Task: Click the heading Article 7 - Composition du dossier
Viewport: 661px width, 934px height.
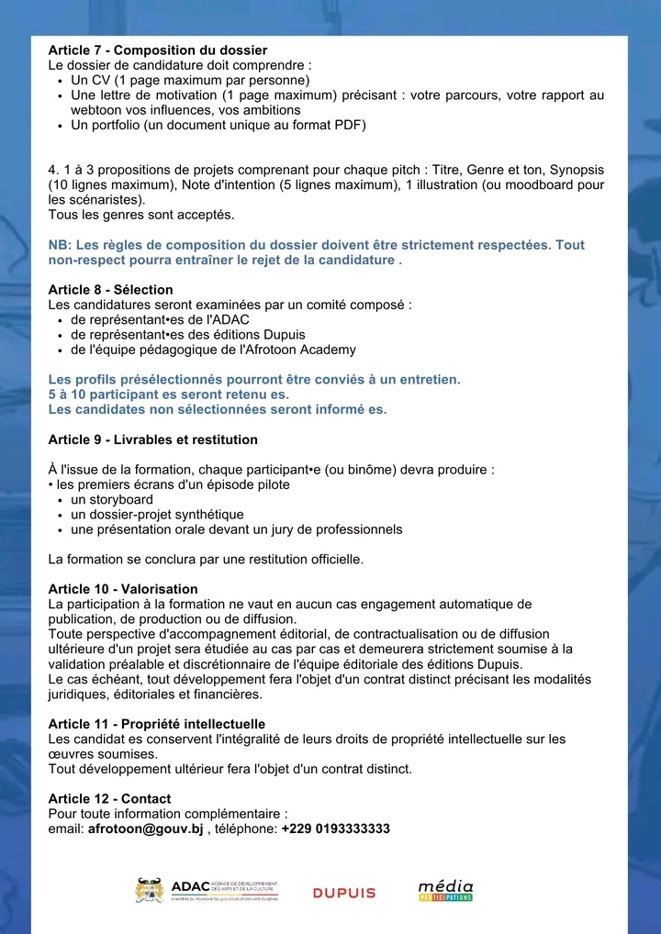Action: coord(157,50)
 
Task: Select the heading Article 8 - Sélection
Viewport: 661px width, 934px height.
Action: coord(110,290)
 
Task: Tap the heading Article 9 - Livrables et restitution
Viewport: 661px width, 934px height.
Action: coord(152,439)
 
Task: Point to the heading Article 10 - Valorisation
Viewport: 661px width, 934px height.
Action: coord(122,589)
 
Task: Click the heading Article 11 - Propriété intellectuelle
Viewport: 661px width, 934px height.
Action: coord(156,724)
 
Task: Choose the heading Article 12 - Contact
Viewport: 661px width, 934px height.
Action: coord(109,799)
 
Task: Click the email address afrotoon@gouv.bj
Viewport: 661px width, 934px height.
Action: coord(145,828)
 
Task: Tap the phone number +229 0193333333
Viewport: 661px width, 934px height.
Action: coord(335,828)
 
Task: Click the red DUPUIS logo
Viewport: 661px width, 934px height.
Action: coord(344,893)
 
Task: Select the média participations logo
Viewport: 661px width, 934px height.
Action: coord(445,890)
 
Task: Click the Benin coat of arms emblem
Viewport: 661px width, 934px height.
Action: coord(149,890)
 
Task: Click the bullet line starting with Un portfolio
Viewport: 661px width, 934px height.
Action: coord(218,125)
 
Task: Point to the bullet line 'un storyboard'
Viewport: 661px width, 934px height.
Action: coord(112,499)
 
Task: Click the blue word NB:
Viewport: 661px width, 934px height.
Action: coord(60,245)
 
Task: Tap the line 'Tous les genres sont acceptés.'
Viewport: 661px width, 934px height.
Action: coord(140,215)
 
